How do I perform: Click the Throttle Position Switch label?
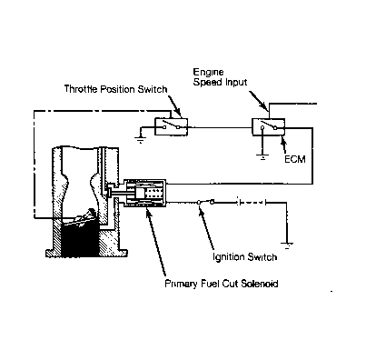[x=115, y=89]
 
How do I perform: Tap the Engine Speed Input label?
[x=220, y=77]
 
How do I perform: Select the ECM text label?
[x=295, y=159]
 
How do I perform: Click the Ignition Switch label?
[x=244, y=257]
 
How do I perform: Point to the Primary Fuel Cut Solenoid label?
[x=222, y=284]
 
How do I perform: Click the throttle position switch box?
[x=171, y=126]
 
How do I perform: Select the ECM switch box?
[x=269, y=127]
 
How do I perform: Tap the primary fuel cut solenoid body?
[x=144, y=194]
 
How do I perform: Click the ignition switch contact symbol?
[x=205, y=202]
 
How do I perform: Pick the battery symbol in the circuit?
[x=252, y=202]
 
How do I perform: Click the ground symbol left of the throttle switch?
[x=140, y=140]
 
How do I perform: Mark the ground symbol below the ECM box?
[x=262, y=157]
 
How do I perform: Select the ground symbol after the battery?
[x=286, y=245]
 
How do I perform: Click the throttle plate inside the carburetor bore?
[x=80, y=219]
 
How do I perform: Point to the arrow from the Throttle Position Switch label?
[x=174, y=106]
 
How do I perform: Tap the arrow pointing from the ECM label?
[x=284, y=145]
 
